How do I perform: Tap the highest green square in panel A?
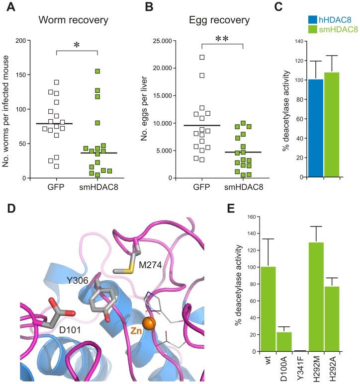point(98,72)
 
